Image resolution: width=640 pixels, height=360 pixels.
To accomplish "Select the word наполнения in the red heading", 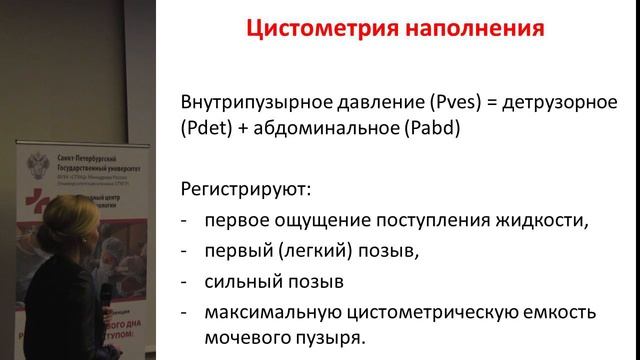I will coord(466,29).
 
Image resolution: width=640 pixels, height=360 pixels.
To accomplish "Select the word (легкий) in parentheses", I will coord(302,251).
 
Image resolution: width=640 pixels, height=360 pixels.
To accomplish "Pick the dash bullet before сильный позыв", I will coord(185,281).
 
